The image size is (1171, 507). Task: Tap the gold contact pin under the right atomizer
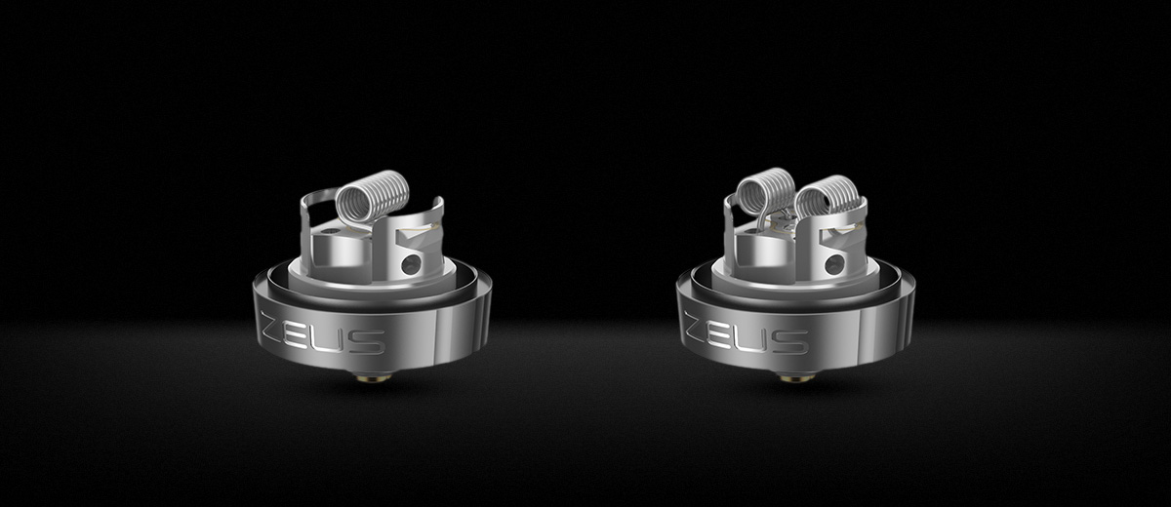(x=795, y=375)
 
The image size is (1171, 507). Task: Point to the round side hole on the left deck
(x=411, y=264)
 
